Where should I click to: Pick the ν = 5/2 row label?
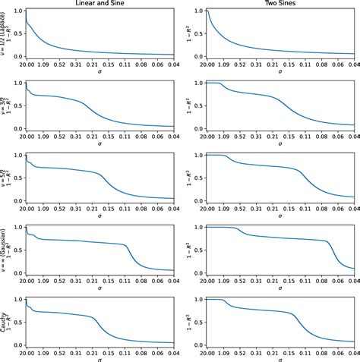pos(5,175)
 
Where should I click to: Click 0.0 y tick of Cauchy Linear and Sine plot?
pos(20,344)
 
